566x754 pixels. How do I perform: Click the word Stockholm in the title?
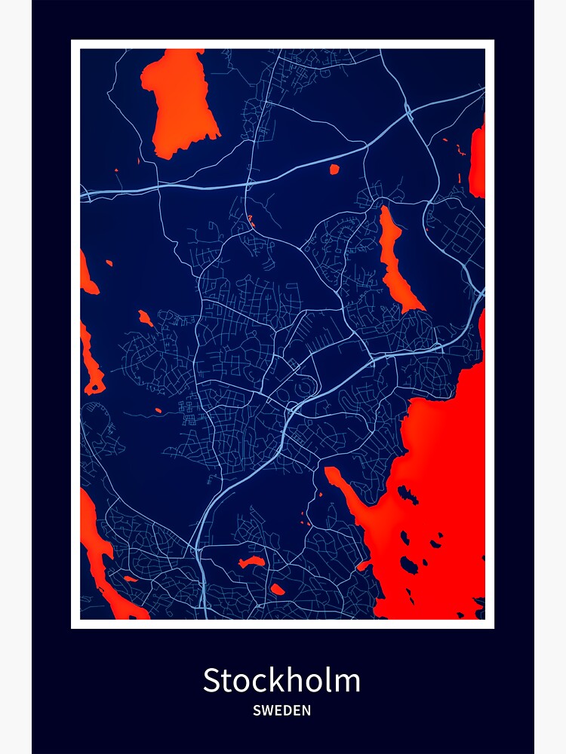coord(281,680)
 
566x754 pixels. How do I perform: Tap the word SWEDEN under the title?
coord(281,710)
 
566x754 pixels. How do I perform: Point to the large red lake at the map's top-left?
coord(181,102)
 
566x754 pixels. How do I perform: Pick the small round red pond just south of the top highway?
coord(334,170)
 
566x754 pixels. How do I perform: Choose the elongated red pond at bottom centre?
coord(251,562)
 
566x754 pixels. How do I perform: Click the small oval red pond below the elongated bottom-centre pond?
coord(277,589)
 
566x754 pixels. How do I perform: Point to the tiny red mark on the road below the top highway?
coord(251,220)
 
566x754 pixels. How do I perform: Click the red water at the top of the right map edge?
coord(477,162)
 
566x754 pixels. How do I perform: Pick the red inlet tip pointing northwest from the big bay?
coord(329,471)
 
